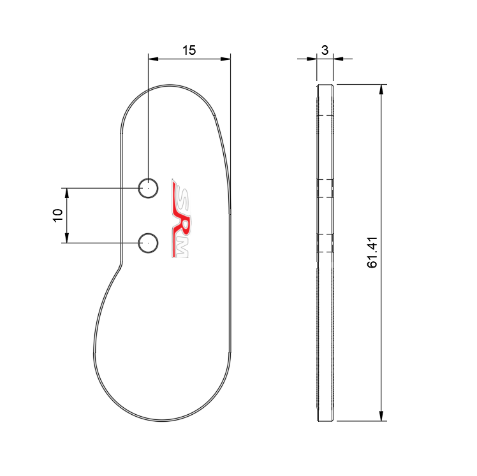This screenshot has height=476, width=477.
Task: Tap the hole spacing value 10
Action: [58, 215]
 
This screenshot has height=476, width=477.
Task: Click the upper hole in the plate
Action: [148, 188]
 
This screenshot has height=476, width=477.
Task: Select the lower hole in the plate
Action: [148, 242]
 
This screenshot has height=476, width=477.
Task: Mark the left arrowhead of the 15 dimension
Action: [153, 59]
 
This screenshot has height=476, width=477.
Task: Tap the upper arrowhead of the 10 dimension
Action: [66, 193]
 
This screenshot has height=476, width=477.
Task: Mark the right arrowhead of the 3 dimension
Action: [339, 59]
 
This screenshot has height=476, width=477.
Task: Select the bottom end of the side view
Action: [325, 420]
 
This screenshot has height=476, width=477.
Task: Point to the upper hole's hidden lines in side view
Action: [325, 188]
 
